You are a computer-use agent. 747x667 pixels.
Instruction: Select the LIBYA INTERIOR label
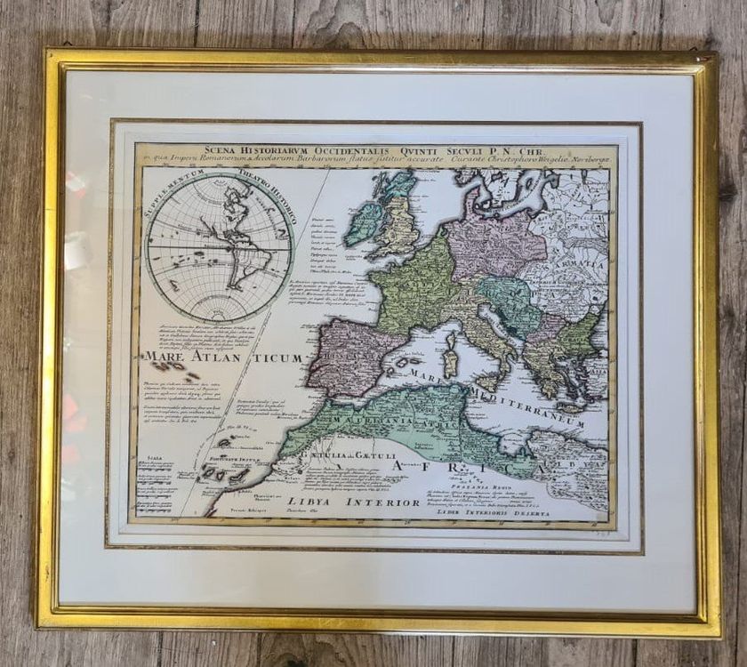pyautogui.click(x=353, y=502)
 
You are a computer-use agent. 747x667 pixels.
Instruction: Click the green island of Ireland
pyautogui.click(x=365, y=222)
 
